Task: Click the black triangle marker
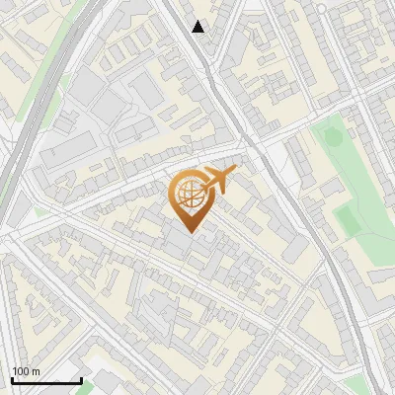tap(198, 27)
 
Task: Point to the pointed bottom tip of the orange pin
tap(189, 233)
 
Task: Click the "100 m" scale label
tap(26, 371)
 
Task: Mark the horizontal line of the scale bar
tap(46, 380)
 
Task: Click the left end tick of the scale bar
tap(12, 378)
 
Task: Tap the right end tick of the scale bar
tap(81, 378)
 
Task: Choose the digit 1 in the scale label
tap(15, 371)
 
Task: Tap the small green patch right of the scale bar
tap(89, 386)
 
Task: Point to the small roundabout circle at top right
tap(321, 8)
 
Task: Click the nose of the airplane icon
tap(235, 169)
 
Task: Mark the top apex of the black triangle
tap(198, 21)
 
